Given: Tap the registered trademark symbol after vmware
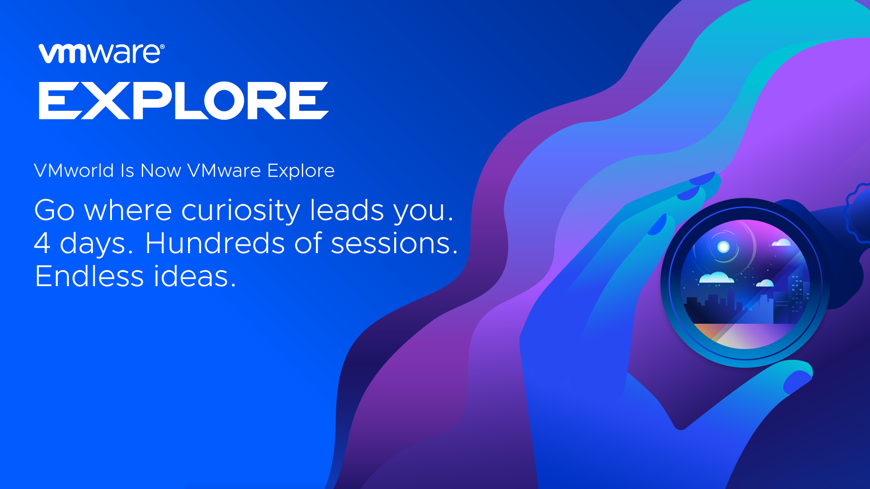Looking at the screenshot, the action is click(x=162, y=47).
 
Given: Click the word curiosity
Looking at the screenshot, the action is click(x=240, y=211).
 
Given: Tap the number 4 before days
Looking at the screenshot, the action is click(x=42, y=243).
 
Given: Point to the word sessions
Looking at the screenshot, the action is click(x=391, y=243).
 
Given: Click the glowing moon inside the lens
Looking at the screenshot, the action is click(x=723, y=247).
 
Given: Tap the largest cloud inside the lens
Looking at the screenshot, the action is click(x=716, y=278).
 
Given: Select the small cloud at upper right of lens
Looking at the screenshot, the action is click(x=781, y=243).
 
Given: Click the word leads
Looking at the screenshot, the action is click(x=346, y=210).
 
